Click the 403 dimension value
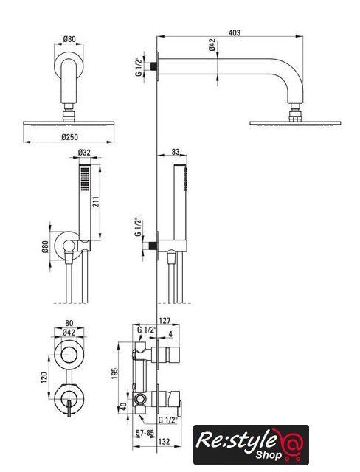[235, 32]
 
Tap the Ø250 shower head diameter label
[70, 137]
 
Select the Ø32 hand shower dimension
[84, 153]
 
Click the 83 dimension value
[176, 152]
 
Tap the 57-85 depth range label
[145, 433]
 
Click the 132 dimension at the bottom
[164, 441]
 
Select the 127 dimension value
[165, 321]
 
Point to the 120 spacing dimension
[44, 378]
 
